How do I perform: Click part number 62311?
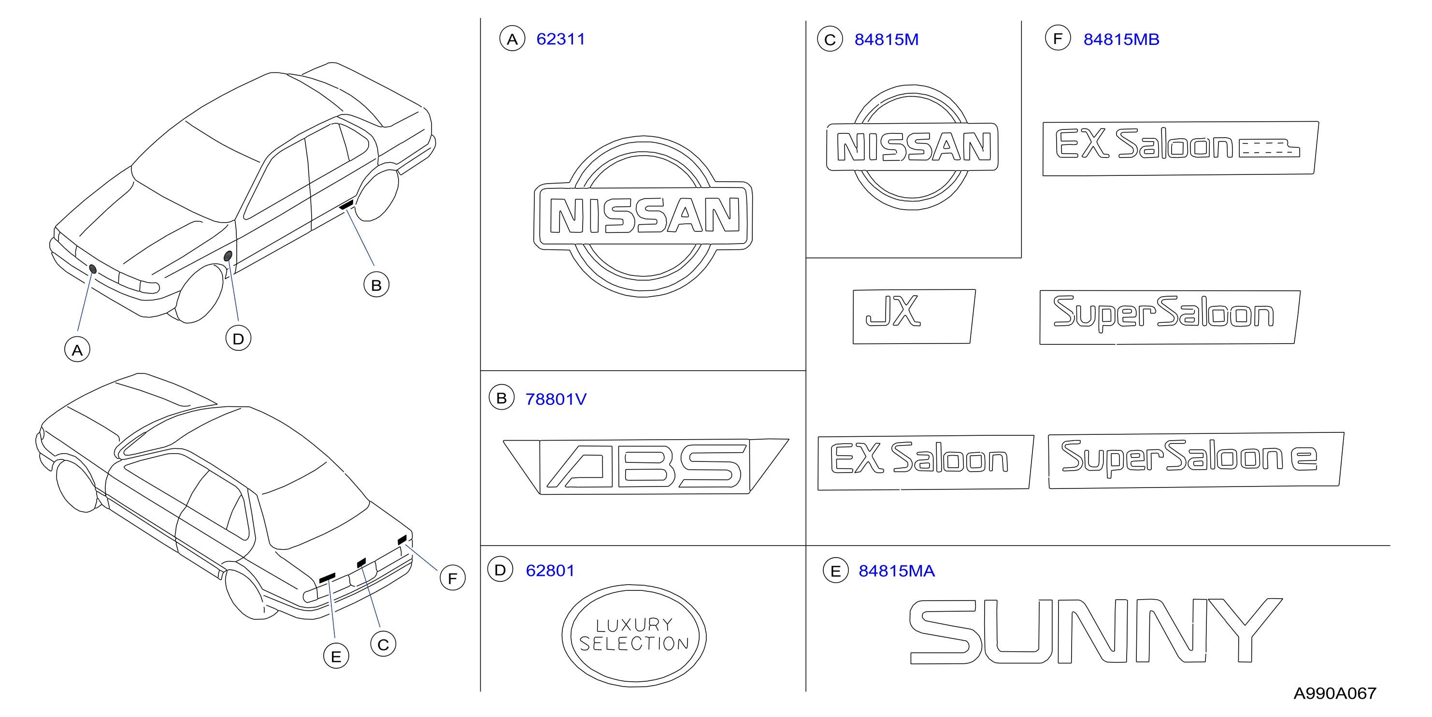(560, 40)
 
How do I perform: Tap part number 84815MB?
(1121, 40)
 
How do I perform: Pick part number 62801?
(550, 570)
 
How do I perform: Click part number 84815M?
(886, 40)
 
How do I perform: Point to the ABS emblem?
(645, 466)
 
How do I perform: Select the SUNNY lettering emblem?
(1095, 631)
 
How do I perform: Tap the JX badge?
(914, 316)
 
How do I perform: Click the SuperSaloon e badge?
(1196, 460)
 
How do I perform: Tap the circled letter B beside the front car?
(376, 285)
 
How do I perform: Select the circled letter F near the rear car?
(453, 577)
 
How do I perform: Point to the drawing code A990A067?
(1335, 693)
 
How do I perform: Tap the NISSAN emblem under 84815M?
(912, 147)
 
